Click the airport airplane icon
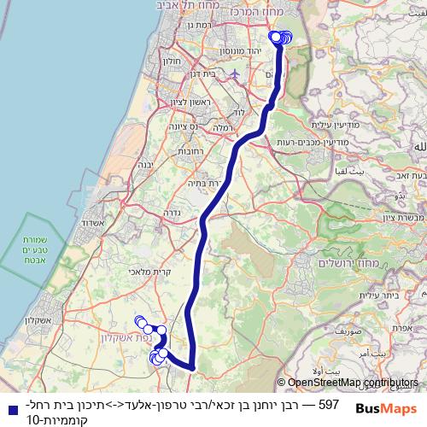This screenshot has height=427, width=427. tap(237, 73)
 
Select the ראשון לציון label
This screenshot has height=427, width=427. tap(169, 103)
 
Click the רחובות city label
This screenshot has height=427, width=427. tap(188, 150)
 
